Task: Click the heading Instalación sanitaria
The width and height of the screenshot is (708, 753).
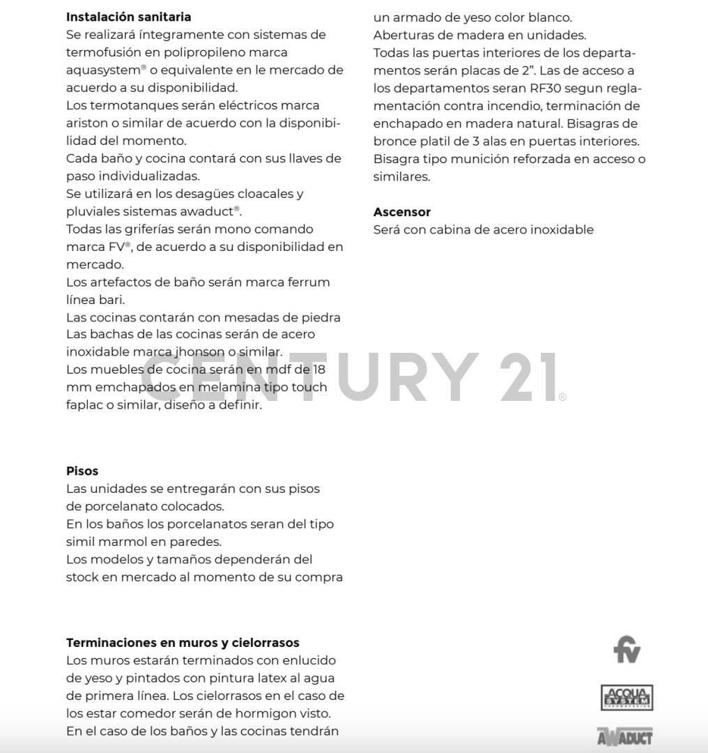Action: click(128, 17)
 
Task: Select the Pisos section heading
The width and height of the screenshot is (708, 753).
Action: click(82, 471)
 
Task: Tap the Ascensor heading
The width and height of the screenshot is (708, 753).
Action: click(402, 212)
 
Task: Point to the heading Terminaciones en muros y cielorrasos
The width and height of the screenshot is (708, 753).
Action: click(183, 642)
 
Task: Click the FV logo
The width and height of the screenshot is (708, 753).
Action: click(626, 649)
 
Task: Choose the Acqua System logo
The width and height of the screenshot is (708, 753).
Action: click(626, 697)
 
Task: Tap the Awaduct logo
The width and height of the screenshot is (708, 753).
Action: click(624, 736)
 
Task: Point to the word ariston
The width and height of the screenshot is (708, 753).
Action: click(86, 123)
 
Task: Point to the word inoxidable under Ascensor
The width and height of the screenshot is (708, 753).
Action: click(562, 229)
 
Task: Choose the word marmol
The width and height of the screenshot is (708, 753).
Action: click(122, 542)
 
